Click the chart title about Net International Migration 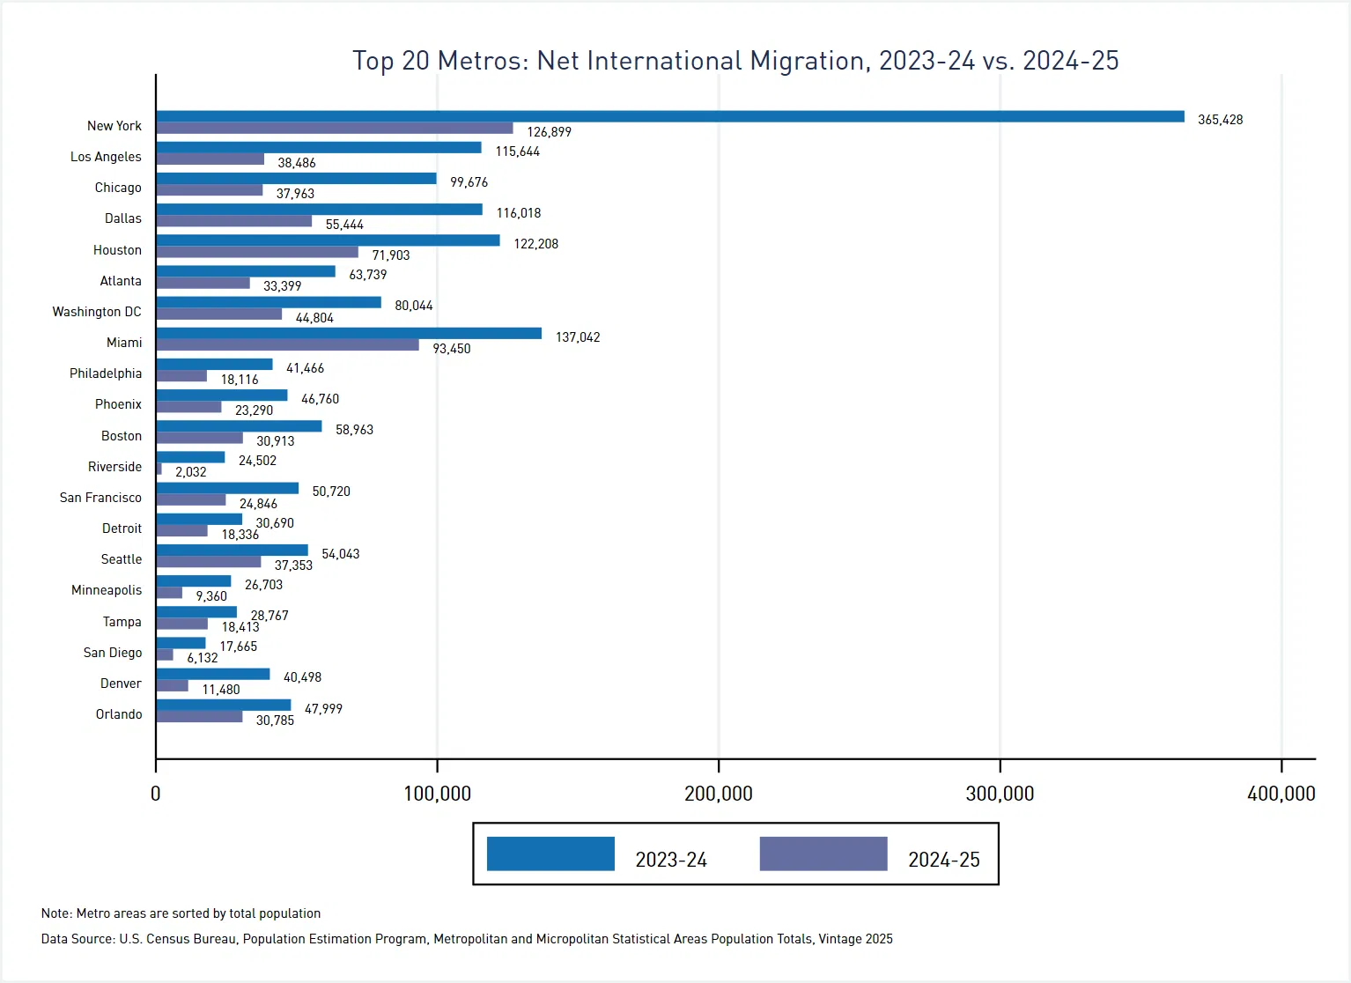point(735,61)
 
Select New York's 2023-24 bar point(669,116)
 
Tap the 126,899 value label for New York point(549,132)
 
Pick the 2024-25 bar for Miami point(287,345)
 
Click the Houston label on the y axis point(117,250)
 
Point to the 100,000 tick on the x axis point(437,794)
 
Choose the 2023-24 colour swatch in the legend point(550,854)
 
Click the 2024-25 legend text point(943,860)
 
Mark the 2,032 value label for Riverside point(190,472)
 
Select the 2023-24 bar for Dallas point(319,210)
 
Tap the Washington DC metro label point(96,312)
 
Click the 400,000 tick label point(1281,794)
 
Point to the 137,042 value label point(578,337)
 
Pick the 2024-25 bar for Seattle point(208,562)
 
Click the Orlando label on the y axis point(119,714)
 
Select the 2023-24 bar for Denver point(212,674)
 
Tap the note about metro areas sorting point(181,913)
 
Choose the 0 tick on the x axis point(156,794)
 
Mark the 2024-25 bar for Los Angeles point(210,159)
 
